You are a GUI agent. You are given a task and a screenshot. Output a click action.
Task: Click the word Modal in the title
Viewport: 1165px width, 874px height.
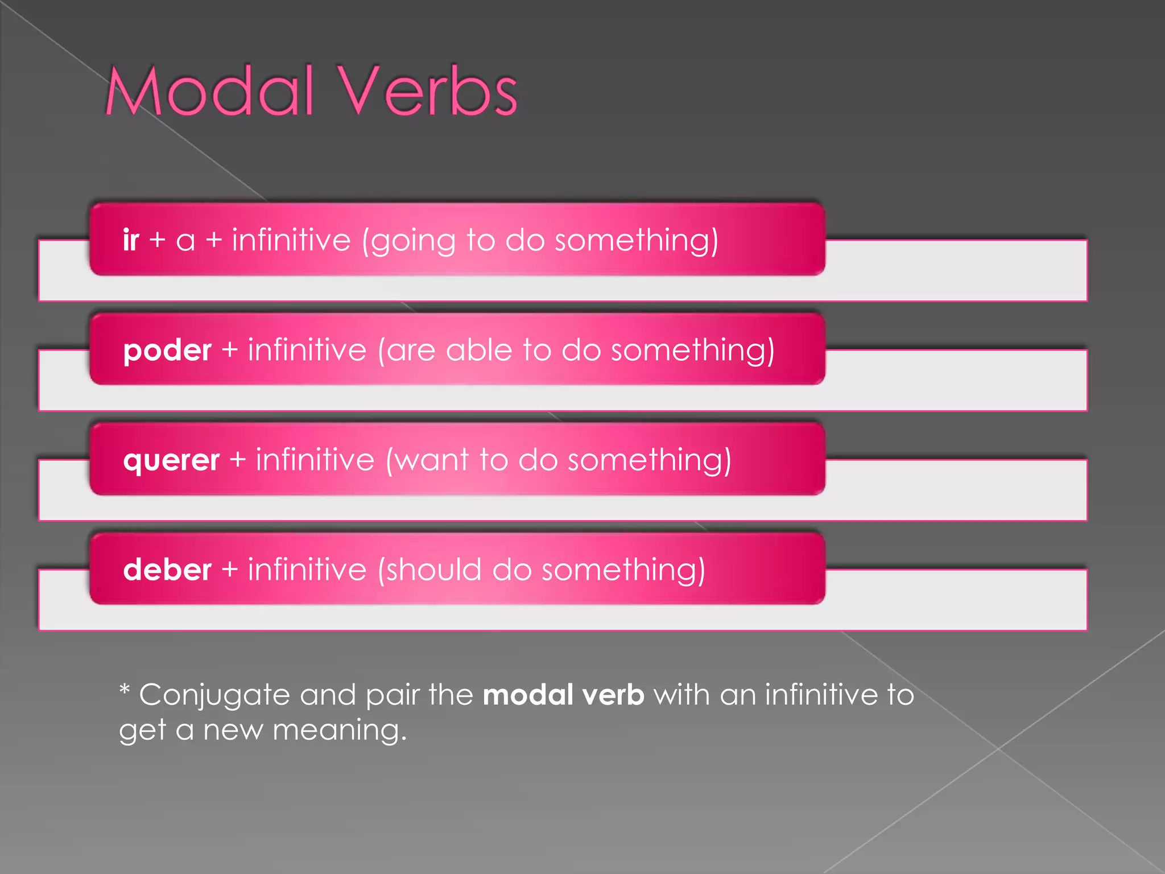coord(210,91)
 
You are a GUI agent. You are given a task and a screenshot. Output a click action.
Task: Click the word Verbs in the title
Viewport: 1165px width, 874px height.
coord(429,91)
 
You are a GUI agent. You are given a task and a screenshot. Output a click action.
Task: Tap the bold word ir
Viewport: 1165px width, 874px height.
coord(131,240)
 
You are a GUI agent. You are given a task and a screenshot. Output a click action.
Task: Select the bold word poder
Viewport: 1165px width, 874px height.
coord(167,350)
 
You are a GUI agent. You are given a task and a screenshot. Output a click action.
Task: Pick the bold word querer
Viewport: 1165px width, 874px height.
coord(171,460)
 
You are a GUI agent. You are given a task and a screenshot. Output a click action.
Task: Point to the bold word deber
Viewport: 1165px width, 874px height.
coord(167,570)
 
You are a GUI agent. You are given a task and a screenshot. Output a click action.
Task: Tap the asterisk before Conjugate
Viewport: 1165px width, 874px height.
coord(125,690)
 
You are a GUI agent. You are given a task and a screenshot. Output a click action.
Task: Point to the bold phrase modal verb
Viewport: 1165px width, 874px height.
coord(563,695)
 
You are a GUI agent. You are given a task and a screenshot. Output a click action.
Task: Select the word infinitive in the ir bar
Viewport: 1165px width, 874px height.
coord(291,240)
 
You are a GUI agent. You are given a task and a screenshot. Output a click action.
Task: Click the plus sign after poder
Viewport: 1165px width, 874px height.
coord(229,349)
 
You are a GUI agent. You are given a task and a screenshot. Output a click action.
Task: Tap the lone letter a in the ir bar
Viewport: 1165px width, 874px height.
coord(185,241)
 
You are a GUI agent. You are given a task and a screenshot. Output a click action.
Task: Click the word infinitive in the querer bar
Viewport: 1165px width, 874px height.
coord(315,460)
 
